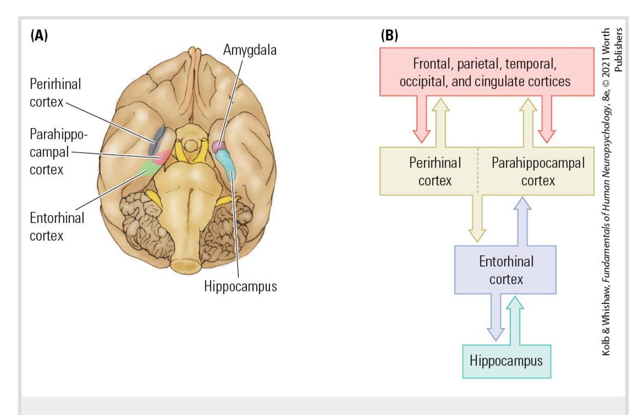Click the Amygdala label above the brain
coord(250,50)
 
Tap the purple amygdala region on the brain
coord(219,146)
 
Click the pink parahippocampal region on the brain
coord(162,157)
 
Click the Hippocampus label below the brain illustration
coord(240,286)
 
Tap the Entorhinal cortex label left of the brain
coord(57,226)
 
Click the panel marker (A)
coord(39,35)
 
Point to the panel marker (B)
coord(389,35)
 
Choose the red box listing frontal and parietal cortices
coord(487,72)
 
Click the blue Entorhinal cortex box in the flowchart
coord(505,270)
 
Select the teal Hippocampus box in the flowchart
coord(506,361)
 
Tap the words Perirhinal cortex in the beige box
coord(435,172)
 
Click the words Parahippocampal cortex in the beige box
coord(538,172)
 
